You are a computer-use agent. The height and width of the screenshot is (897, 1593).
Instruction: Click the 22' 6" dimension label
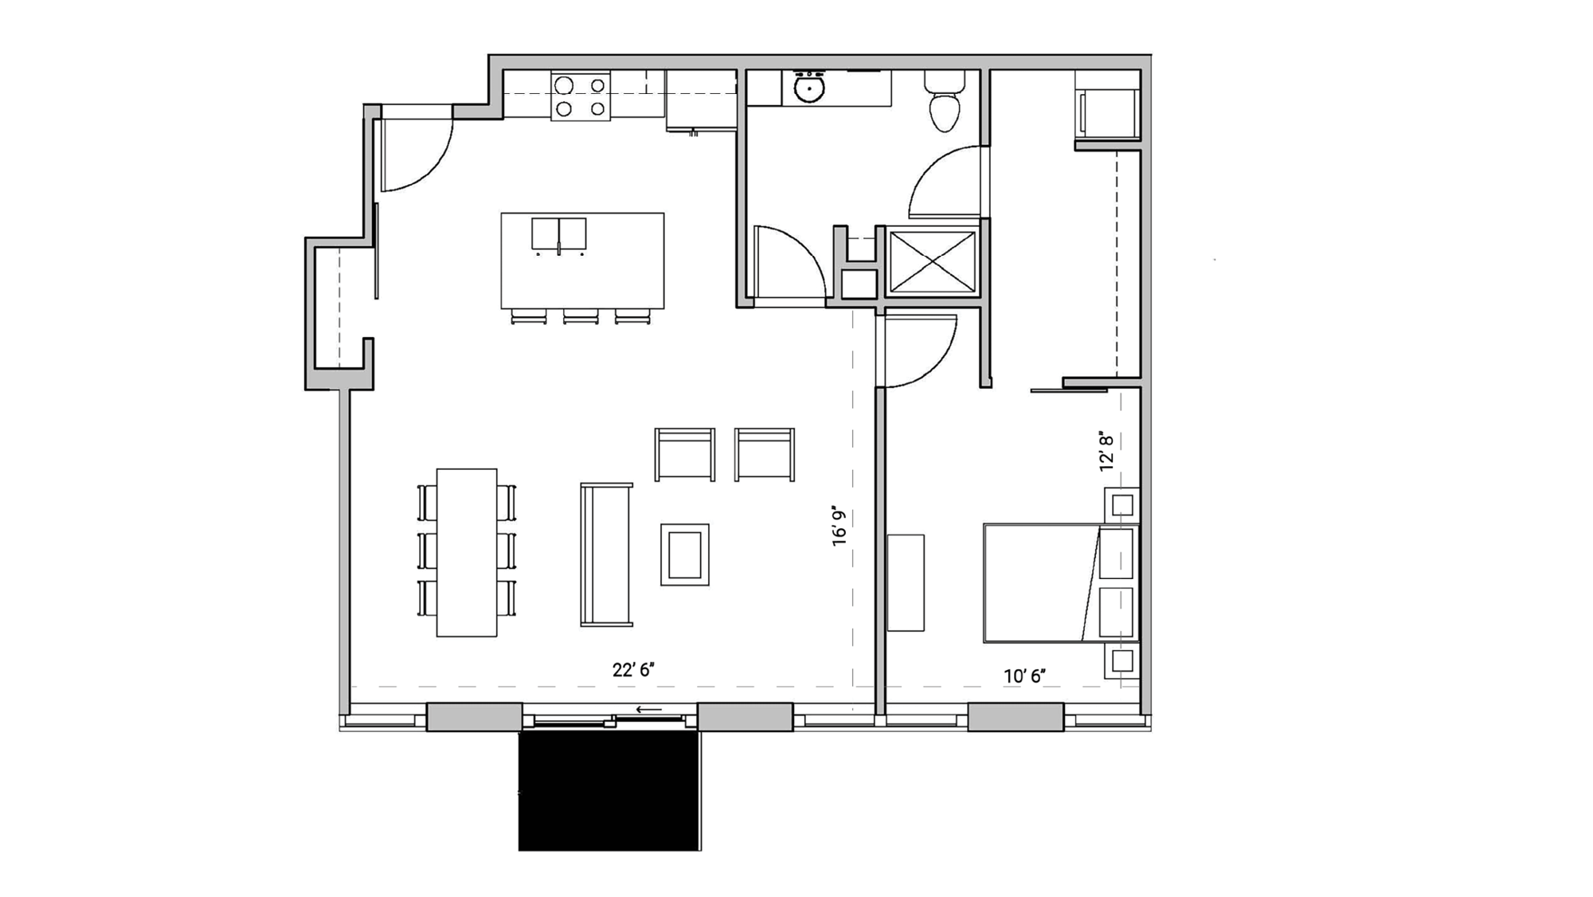(x=633, y=671)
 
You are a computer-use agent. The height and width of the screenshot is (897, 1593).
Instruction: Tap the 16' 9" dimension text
(x=840, y=526)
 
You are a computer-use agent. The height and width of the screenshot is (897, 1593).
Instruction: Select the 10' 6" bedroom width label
(x=1024, y=676)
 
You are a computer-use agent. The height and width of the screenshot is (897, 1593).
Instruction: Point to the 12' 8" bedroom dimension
(x=1106, y=452)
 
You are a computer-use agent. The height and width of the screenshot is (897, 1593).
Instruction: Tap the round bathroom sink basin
(x=809, y=88)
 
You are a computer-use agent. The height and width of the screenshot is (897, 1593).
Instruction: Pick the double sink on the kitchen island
(x=558, y=234)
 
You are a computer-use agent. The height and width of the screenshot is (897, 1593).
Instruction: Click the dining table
(x=467, y=552)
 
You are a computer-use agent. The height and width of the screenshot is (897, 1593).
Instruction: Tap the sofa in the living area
(x=606, y=554)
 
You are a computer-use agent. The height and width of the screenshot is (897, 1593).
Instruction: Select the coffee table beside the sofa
(x=684, y=554)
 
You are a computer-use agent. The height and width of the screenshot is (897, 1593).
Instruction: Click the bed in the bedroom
(x=1043, y=582)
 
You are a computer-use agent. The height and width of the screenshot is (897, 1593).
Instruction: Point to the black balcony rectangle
(x=609, y=791)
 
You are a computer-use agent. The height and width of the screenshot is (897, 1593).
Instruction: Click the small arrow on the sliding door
(x=649, y=710)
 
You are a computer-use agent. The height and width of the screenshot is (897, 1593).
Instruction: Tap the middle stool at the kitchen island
(x=581, y=317)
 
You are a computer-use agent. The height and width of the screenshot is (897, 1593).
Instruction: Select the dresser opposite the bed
(x=906, y=582)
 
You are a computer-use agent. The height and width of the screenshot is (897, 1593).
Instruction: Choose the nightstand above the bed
(x=1121, y=504)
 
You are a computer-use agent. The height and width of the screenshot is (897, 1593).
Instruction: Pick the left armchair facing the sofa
(x=684, y=454)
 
